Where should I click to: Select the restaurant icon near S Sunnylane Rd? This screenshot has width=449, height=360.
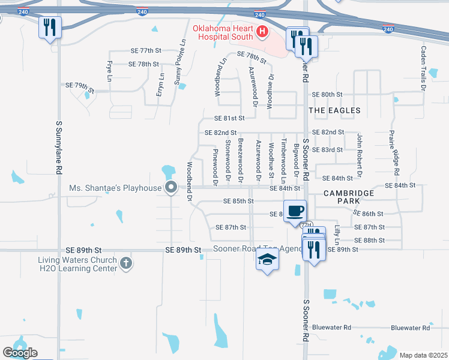(x=49, y=27)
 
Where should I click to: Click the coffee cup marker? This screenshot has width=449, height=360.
(x=295, y=212)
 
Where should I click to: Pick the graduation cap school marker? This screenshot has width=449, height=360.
(x=267, y=259)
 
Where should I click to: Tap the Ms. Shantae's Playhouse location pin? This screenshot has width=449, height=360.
(x=170, y=188)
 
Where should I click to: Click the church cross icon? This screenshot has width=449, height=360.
(x=125, y=262)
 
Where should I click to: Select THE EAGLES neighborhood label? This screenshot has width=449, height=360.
(x=335, y=110)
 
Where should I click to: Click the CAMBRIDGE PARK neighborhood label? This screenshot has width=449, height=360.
(x=349, y=197)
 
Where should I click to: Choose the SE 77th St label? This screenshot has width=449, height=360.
(x=143, y=52)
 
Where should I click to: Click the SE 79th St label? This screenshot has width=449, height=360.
(x=89, y=86)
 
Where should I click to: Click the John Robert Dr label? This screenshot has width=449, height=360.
(x=360, y=155)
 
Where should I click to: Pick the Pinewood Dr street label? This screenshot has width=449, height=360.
(x=215, y=169)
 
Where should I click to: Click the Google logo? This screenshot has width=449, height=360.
(x=20, y=353)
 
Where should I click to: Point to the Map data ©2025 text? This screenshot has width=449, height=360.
(x=423, y=355)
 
